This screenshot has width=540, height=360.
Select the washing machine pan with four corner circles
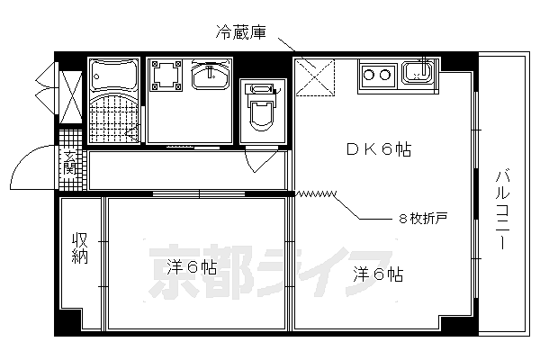tap(166, 76)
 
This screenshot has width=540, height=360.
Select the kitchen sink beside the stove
tap(418, 73)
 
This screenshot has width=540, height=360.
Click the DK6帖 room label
tap(379, 150)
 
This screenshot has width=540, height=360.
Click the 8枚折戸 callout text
tap(423, 218)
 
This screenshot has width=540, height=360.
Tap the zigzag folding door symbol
tap(315, 193)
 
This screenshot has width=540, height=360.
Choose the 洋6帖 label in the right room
tap(377, 274)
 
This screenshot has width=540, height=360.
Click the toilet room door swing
tap(259, 161)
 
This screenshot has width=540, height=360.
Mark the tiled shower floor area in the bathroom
tap(114, 117)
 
